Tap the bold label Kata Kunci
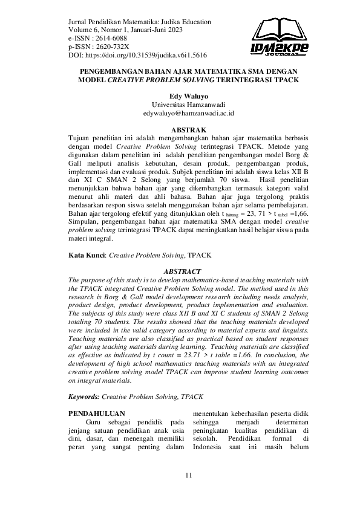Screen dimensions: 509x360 [x=87, y=256]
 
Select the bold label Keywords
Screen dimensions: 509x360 [x=84, y=397]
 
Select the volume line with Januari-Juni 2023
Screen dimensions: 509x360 [x=129, y=30]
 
